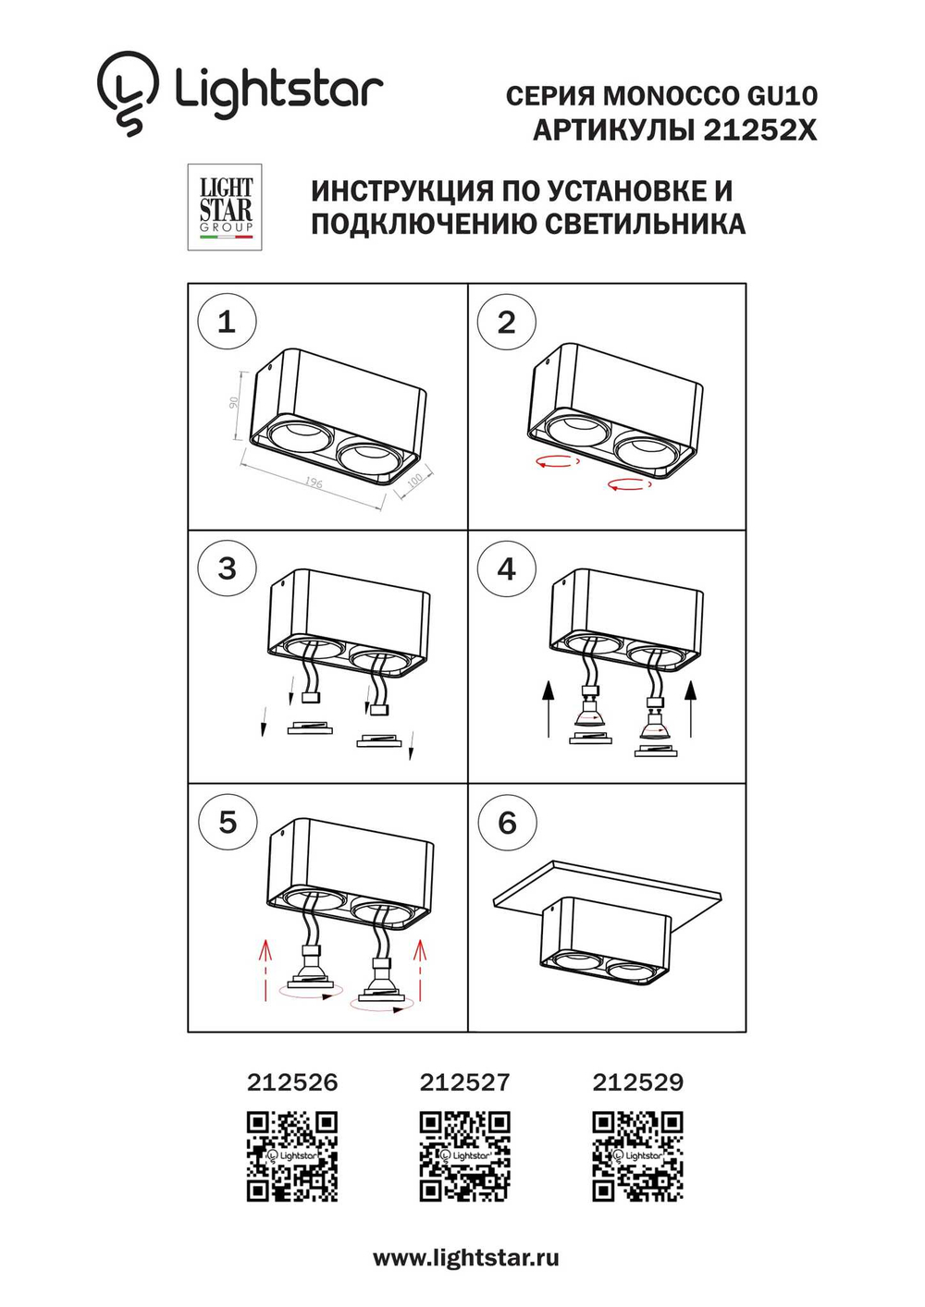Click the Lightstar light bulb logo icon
click(127, 92)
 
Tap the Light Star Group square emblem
click(225, 207)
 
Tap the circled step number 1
click(227, 322)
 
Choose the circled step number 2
click(506, 322)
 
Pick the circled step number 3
click(227, 568)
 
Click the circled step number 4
click(506, 568)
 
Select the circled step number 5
click(228, 822)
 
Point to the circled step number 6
click(507, 822)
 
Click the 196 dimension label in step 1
click(314, 482)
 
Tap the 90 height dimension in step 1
click(234, 403)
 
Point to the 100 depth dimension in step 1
click(415, 479)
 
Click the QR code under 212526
click(292, 1156)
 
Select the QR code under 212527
click(464, 1156)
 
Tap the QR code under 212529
click(637, 1156)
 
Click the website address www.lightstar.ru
click(465, 1258)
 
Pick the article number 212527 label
click(464, 1082)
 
